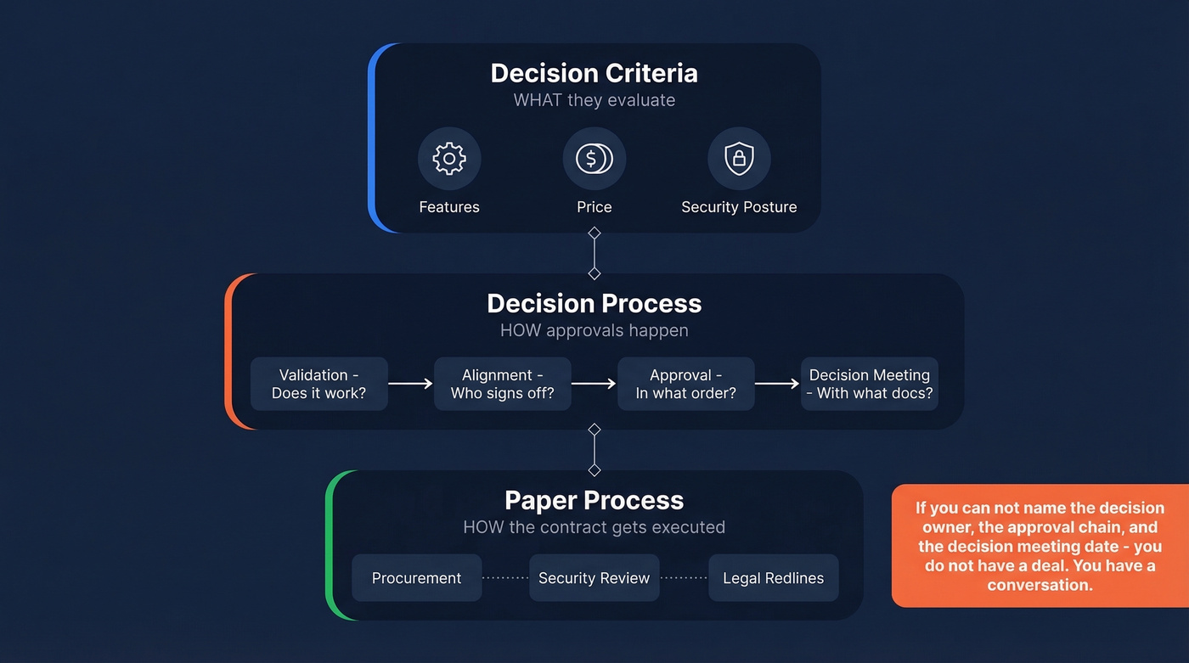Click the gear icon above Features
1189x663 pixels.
449,159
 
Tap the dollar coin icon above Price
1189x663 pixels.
594,159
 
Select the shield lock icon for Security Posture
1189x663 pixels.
739,159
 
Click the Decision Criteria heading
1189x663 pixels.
594,73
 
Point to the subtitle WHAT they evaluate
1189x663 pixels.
594,100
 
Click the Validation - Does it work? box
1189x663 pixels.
319,384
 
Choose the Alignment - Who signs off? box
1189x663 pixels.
503,384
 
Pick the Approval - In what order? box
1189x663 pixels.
685,384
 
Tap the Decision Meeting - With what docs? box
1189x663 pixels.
870,384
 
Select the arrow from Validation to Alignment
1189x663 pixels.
411,384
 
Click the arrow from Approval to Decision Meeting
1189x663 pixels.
777,384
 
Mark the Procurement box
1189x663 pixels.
416,578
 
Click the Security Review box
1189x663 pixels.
594,578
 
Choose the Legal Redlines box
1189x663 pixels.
773,578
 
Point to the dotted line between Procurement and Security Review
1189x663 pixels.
505,578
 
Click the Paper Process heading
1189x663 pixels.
594,500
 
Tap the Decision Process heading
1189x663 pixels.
594,303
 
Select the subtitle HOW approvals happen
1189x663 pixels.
594,330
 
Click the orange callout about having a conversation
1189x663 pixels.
1040,546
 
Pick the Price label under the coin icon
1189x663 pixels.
594,207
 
